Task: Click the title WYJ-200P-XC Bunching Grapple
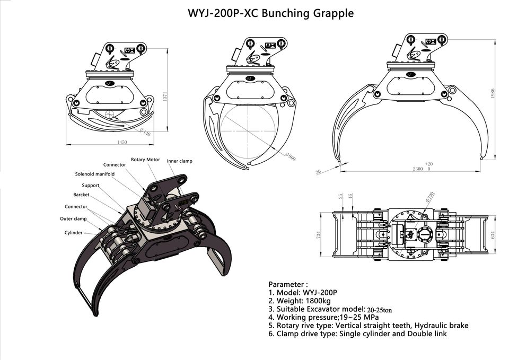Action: tap(270, 13)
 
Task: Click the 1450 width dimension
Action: tap(122, 142)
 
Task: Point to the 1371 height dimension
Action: tap(165, 96)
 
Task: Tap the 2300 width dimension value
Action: tap(417, 169)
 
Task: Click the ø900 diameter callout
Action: tap(290, 157)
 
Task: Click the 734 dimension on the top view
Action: tap(319, 234)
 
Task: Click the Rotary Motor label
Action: tap(145, 160)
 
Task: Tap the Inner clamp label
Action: tap(179, 161)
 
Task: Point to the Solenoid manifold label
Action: tap(94, 174)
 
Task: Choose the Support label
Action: tap(90, 186)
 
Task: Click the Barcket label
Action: tap(81, 195)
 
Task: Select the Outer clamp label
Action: tap(73, 218)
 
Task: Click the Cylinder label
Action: tap(74, 233)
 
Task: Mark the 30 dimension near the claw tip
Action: tap(318, 172)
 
